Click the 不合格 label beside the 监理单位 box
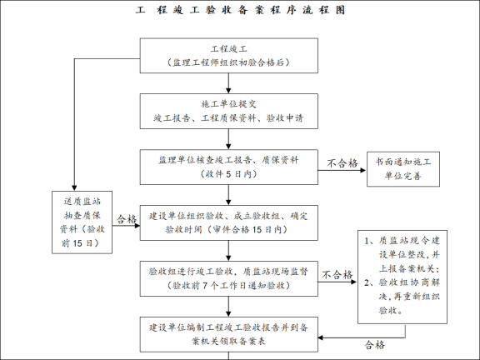click(342, 162)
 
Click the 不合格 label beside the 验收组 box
click(337, 273)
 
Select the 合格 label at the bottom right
click(375, 343)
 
